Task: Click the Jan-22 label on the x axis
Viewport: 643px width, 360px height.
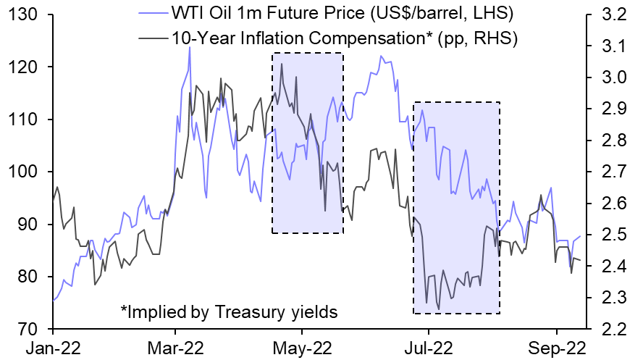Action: click(54, 347)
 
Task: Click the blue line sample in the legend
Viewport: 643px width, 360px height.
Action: click(150, 14)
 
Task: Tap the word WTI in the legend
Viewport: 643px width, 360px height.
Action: click(188, 14)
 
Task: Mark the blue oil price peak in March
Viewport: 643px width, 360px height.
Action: click(190, 47)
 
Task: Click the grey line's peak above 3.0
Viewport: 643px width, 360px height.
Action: click(282, 64)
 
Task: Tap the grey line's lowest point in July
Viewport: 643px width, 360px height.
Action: click(438, 309)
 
